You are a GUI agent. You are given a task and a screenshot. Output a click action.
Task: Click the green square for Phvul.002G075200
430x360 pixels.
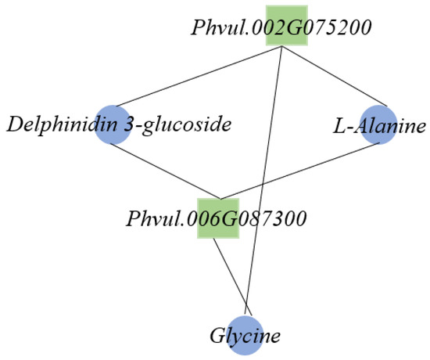[x=287, y=25]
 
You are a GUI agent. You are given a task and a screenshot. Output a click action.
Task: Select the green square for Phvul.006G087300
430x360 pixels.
[x=218, y=218]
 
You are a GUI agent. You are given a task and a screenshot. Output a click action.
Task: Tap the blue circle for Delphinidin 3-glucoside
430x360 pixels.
[x=113, y=125]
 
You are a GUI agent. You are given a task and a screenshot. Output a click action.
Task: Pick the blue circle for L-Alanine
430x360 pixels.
[x=378, y=124]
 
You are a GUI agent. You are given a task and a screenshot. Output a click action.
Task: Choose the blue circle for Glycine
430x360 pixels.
[x=245, y=335]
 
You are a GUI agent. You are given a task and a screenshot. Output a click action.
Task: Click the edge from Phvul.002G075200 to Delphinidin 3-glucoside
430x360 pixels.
[x=199, y=77]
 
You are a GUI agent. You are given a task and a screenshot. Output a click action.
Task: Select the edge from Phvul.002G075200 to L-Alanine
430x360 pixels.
[x=335, y=77]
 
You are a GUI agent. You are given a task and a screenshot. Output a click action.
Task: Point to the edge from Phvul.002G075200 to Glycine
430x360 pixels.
[x=263, y=182]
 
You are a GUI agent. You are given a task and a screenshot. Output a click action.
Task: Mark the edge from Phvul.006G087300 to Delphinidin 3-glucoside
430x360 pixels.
[x=166, y=171]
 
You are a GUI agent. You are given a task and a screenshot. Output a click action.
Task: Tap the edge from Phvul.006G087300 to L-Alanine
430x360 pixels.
[x=300, y=171]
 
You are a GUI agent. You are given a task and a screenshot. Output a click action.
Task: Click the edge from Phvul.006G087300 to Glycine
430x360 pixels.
[x=232, y=277]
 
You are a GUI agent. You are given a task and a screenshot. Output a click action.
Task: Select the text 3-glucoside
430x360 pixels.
[x=178, y=125]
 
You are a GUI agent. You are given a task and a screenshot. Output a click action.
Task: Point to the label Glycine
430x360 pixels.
[x=245, y=335]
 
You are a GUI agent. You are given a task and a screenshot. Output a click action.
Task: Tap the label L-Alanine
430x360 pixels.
[x=379, y=126]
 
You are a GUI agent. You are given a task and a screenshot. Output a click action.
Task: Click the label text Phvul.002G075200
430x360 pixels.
[x=281, y=27]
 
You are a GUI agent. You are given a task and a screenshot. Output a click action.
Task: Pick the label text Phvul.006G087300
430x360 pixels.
[x=216, y=218]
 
